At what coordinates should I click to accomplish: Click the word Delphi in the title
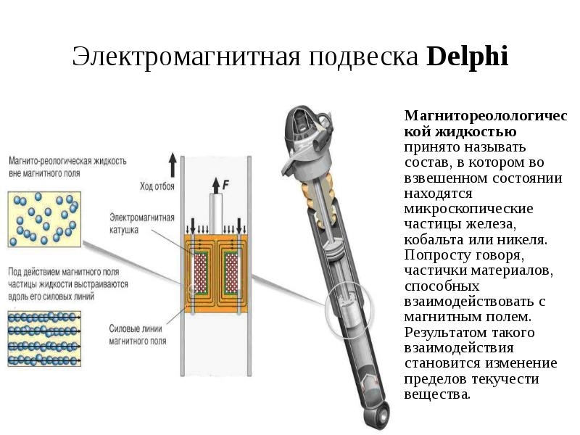[x=468, y=57]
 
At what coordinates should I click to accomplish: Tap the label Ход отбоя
[x=159, y=186]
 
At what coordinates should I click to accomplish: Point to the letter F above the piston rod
[x=225, y=185]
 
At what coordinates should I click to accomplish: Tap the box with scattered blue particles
[x=43, y=218]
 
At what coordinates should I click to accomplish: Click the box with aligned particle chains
[x=43, y=339]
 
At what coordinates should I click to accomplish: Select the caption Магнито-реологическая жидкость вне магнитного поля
[x=68, y=167]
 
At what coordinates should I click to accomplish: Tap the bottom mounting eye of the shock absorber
[x=378, y=414]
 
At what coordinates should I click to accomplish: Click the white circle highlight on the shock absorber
[x=347, y=308]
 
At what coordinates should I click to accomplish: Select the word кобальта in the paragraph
[x=431, y=239]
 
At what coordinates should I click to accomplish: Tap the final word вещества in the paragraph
[x=437, y=395]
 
